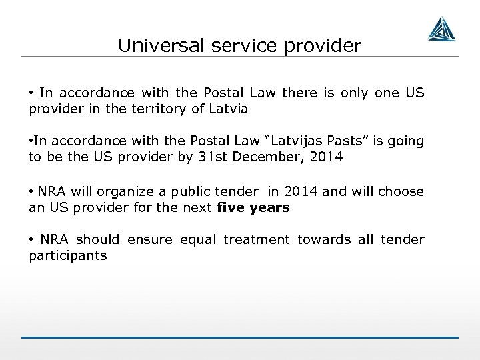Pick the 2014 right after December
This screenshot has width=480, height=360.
pyautogui.click(x=331, y=157)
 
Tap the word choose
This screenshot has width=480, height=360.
pyautogui.click(x=401, y=191)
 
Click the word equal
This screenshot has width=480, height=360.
pyautogui.click(x=199, y=239)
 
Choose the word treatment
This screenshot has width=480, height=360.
pyautogui.click(x=257, y=239)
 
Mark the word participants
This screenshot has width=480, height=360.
pyautogui.click(x=68, y=256)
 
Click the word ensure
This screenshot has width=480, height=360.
pyautogui.click(x=149, y=239)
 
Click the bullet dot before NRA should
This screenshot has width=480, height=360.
pyautogui.click(x=31, y=239)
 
